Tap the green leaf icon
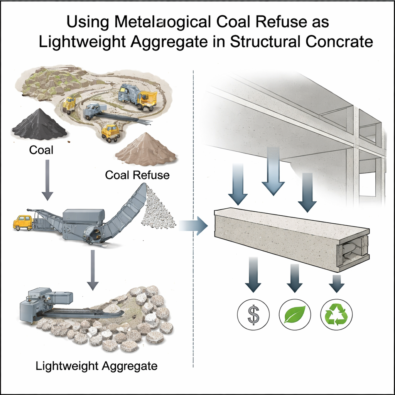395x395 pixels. [x=294, y=314]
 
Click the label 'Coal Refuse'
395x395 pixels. [x=137, y=175]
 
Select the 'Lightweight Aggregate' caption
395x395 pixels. [x=96, y=365]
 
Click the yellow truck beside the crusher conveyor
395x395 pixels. [x=23, y=223]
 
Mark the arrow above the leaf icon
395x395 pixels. [x=294, y=276]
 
